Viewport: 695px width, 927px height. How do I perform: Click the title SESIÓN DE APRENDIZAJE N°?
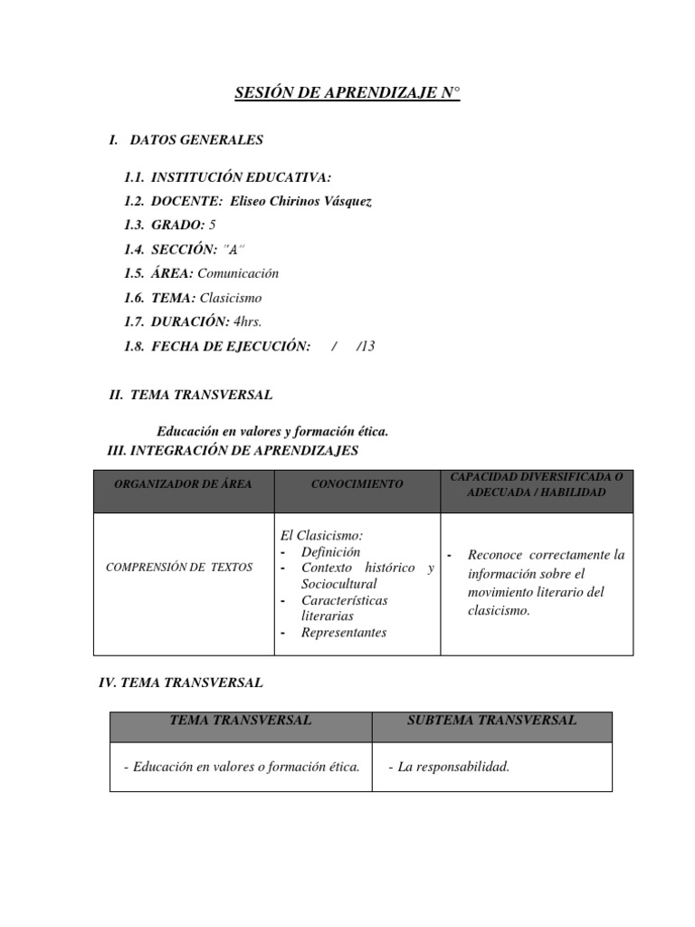(347, 93)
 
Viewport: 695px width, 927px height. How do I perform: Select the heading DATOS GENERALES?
(196, 140)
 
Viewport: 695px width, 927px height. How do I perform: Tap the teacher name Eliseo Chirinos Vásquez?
(295, 202)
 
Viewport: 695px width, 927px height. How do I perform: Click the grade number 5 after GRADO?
(213, 225)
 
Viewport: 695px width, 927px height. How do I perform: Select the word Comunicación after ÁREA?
(239, 273)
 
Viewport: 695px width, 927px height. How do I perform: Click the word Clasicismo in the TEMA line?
(231, 298)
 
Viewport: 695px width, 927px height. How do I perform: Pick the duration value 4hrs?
(248, 321)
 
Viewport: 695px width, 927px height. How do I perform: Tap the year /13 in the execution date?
(366, 346)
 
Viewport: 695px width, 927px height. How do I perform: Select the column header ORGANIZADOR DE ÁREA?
(183, 484)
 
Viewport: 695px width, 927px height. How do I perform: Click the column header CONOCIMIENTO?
(357, 484)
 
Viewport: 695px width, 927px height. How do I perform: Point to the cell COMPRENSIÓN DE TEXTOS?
(179, 568)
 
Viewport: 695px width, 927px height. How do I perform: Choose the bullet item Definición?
(330, 551)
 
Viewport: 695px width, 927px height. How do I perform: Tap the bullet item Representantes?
(344, 633)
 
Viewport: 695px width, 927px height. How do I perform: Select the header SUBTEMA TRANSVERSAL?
(491, 721)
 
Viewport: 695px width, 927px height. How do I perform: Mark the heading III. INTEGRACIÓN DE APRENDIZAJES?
(233, 450)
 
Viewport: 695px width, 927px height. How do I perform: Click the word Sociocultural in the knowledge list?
(339, 584)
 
